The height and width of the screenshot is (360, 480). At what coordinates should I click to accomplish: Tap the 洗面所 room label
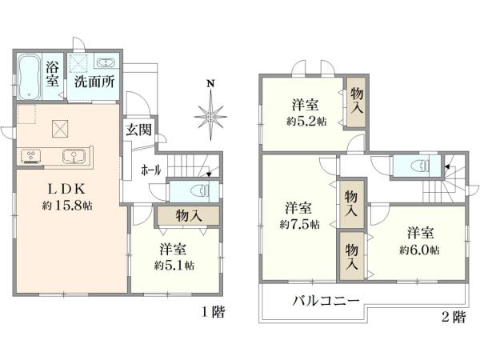pyautogui.click(x=93, y=81)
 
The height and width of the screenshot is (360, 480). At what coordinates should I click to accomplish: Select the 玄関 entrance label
pyautogui.click(x=138, y=130)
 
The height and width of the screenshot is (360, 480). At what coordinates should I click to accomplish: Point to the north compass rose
pyautogui.click(x=210, y=116)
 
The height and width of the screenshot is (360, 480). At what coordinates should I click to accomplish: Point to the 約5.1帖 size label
pyautogui.click(x=173, y=265)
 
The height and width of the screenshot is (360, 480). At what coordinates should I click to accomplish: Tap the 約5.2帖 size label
pyautogui.click(x=309, y=122)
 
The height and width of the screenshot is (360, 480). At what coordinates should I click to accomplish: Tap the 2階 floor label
pyautogui.click(x=453, y=318)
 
